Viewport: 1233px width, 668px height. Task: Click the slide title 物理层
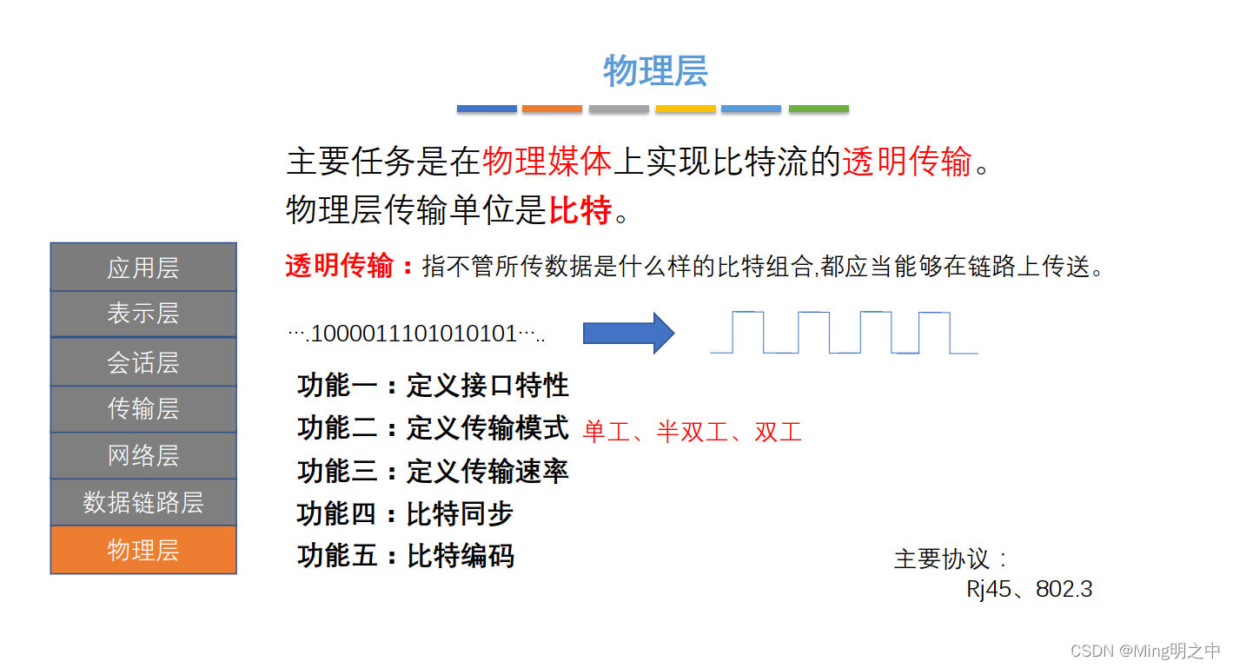click(x=655, y=71)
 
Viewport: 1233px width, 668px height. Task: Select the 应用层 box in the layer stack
click(x=143, y=268)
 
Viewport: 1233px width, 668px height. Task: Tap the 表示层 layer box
click(x=143, y=314)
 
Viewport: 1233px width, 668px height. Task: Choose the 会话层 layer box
click(x=143, y=361)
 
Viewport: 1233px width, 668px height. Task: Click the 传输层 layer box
click(x=143, y=408)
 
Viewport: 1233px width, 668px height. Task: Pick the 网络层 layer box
click(x=143, y=455)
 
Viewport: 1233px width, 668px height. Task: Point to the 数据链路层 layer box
click(x=143, y=502)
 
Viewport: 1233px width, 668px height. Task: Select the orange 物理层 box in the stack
click(x=143, y=549)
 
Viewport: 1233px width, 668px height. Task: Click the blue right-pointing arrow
click(x=628, y=333)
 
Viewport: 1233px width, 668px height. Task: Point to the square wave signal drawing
click(x=843, y=333)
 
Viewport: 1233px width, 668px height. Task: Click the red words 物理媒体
click(x=547, y=162)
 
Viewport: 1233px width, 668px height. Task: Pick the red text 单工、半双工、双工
click(x=693, y=432)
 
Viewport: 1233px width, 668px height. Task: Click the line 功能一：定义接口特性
click(x=433, y=385)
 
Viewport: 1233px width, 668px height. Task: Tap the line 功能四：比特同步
click(x=405, y=513)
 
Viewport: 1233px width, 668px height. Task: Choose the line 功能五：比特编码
click(x=405, y=555)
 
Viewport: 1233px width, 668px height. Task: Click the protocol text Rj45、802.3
click(x=1029, y=589)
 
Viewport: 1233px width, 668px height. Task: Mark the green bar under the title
click(x=819, y=109)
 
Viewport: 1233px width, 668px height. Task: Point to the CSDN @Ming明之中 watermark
click(x=1144, y=651)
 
